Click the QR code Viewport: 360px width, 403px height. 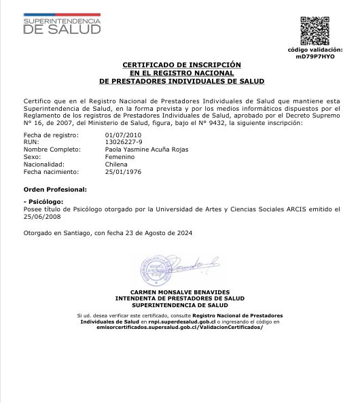pyautogui.click(x=314, y=31)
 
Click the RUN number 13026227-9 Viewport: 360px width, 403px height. pyautogui.click(x=124, y=142)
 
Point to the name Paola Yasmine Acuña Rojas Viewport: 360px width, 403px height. pyautogui.click(x=147, y=150)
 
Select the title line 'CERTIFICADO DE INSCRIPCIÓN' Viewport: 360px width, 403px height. pyautogui.click(x=181, y=65)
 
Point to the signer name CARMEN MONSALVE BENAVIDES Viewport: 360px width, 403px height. pyautogui.click(x=180, y=292)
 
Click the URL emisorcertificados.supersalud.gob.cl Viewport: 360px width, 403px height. pyautogui.click(x=180, y=328)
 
